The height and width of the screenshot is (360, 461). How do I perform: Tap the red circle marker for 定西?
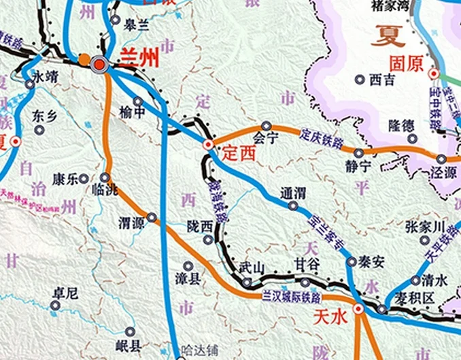coord(209,144)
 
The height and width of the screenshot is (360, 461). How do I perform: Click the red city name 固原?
coord(406,64)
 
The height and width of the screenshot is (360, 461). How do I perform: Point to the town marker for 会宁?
coord(267,126)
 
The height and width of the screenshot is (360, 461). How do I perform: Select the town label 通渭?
coord(294,193)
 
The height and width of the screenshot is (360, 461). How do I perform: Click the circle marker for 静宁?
coord(358,153)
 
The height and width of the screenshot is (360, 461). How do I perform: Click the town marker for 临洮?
coord(105,177)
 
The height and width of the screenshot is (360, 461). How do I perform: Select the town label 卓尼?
coord(65,293)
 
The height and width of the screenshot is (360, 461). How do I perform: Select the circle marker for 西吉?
coord(360,79)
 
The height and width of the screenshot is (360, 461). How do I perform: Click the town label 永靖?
coord(45,76)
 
